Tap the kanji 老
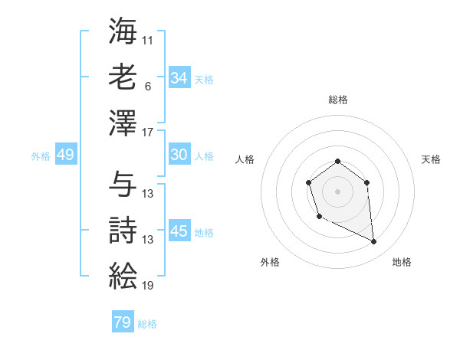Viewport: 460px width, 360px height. click(x=123, y=77)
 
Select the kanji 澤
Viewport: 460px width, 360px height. click(x=123, y=123)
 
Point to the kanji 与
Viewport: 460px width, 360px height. click(x=123, y=184)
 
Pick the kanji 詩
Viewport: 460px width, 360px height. click(x=123, y=231)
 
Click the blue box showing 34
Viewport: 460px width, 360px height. click(x=179, y=78)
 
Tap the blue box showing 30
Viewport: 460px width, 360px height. click(x=179, y=155)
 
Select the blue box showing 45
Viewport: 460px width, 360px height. click(x=179, y=231)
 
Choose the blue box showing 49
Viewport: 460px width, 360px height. click(x=65, y=155)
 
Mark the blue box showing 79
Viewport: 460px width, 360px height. click(x=123, y=322)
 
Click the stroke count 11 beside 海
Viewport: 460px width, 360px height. click(x=148, y=39)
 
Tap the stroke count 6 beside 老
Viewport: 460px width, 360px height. click(x=148, y=87)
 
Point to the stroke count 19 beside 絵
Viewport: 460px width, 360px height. click(x=148, y=286)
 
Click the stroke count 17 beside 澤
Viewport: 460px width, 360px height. click(x=148, y=133)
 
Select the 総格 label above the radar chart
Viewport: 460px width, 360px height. click(x=337, y=100)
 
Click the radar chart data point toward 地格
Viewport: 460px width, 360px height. click(x=374, y=242)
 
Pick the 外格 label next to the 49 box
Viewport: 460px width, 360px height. click(x=41, y=155)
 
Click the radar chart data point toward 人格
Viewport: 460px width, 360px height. click(x=308, y=182)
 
